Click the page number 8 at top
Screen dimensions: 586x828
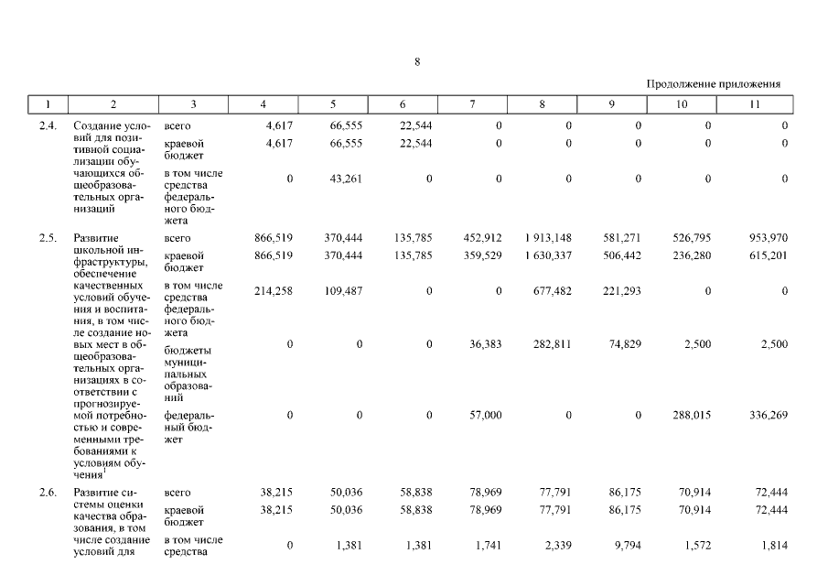(416, 62)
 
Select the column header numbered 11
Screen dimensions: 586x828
(754, 104)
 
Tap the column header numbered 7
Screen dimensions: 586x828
(471, 104)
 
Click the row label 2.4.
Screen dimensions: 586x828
(48, 125)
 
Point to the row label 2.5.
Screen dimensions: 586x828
(48, 238)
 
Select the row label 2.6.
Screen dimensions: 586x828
(48, 492)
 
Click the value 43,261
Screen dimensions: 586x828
(345, 179)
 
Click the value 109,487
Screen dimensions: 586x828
(343, 291)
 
